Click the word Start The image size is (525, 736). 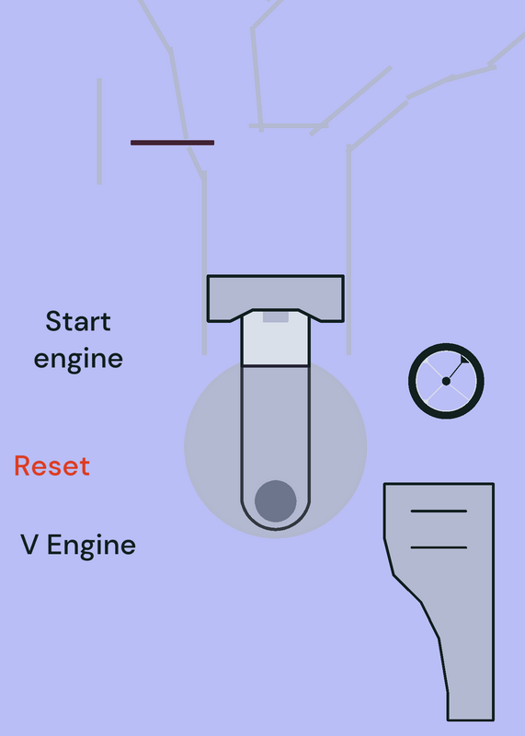(78, 321)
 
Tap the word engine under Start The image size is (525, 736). (78, 359)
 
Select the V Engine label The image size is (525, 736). (78, 546)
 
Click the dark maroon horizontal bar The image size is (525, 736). (172, 143)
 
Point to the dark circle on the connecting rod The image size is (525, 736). (276, 500)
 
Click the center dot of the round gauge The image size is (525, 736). (446, 381)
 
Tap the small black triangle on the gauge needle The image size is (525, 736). (464, 359)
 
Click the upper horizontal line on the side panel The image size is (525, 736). (439, 511)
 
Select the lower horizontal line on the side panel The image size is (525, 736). (439, 547)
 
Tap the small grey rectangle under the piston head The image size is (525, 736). (276, 316)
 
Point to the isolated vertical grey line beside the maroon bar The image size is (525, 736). (99, 132)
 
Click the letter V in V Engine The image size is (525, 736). (29, 545)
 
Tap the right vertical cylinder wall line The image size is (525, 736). (348, 251)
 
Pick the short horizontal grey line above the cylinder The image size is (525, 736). (289, 126)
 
